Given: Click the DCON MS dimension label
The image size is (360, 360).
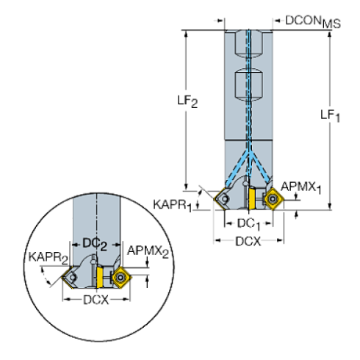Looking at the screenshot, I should coord(308,23).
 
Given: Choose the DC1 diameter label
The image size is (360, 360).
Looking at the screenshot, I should coord(247,222).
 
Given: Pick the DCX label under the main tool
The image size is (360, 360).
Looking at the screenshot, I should coord(249,241).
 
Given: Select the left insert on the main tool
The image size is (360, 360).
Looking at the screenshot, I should coord(223,196).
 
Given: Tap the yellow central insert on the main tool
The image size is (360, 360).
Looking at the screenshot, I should coord(251,197).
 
